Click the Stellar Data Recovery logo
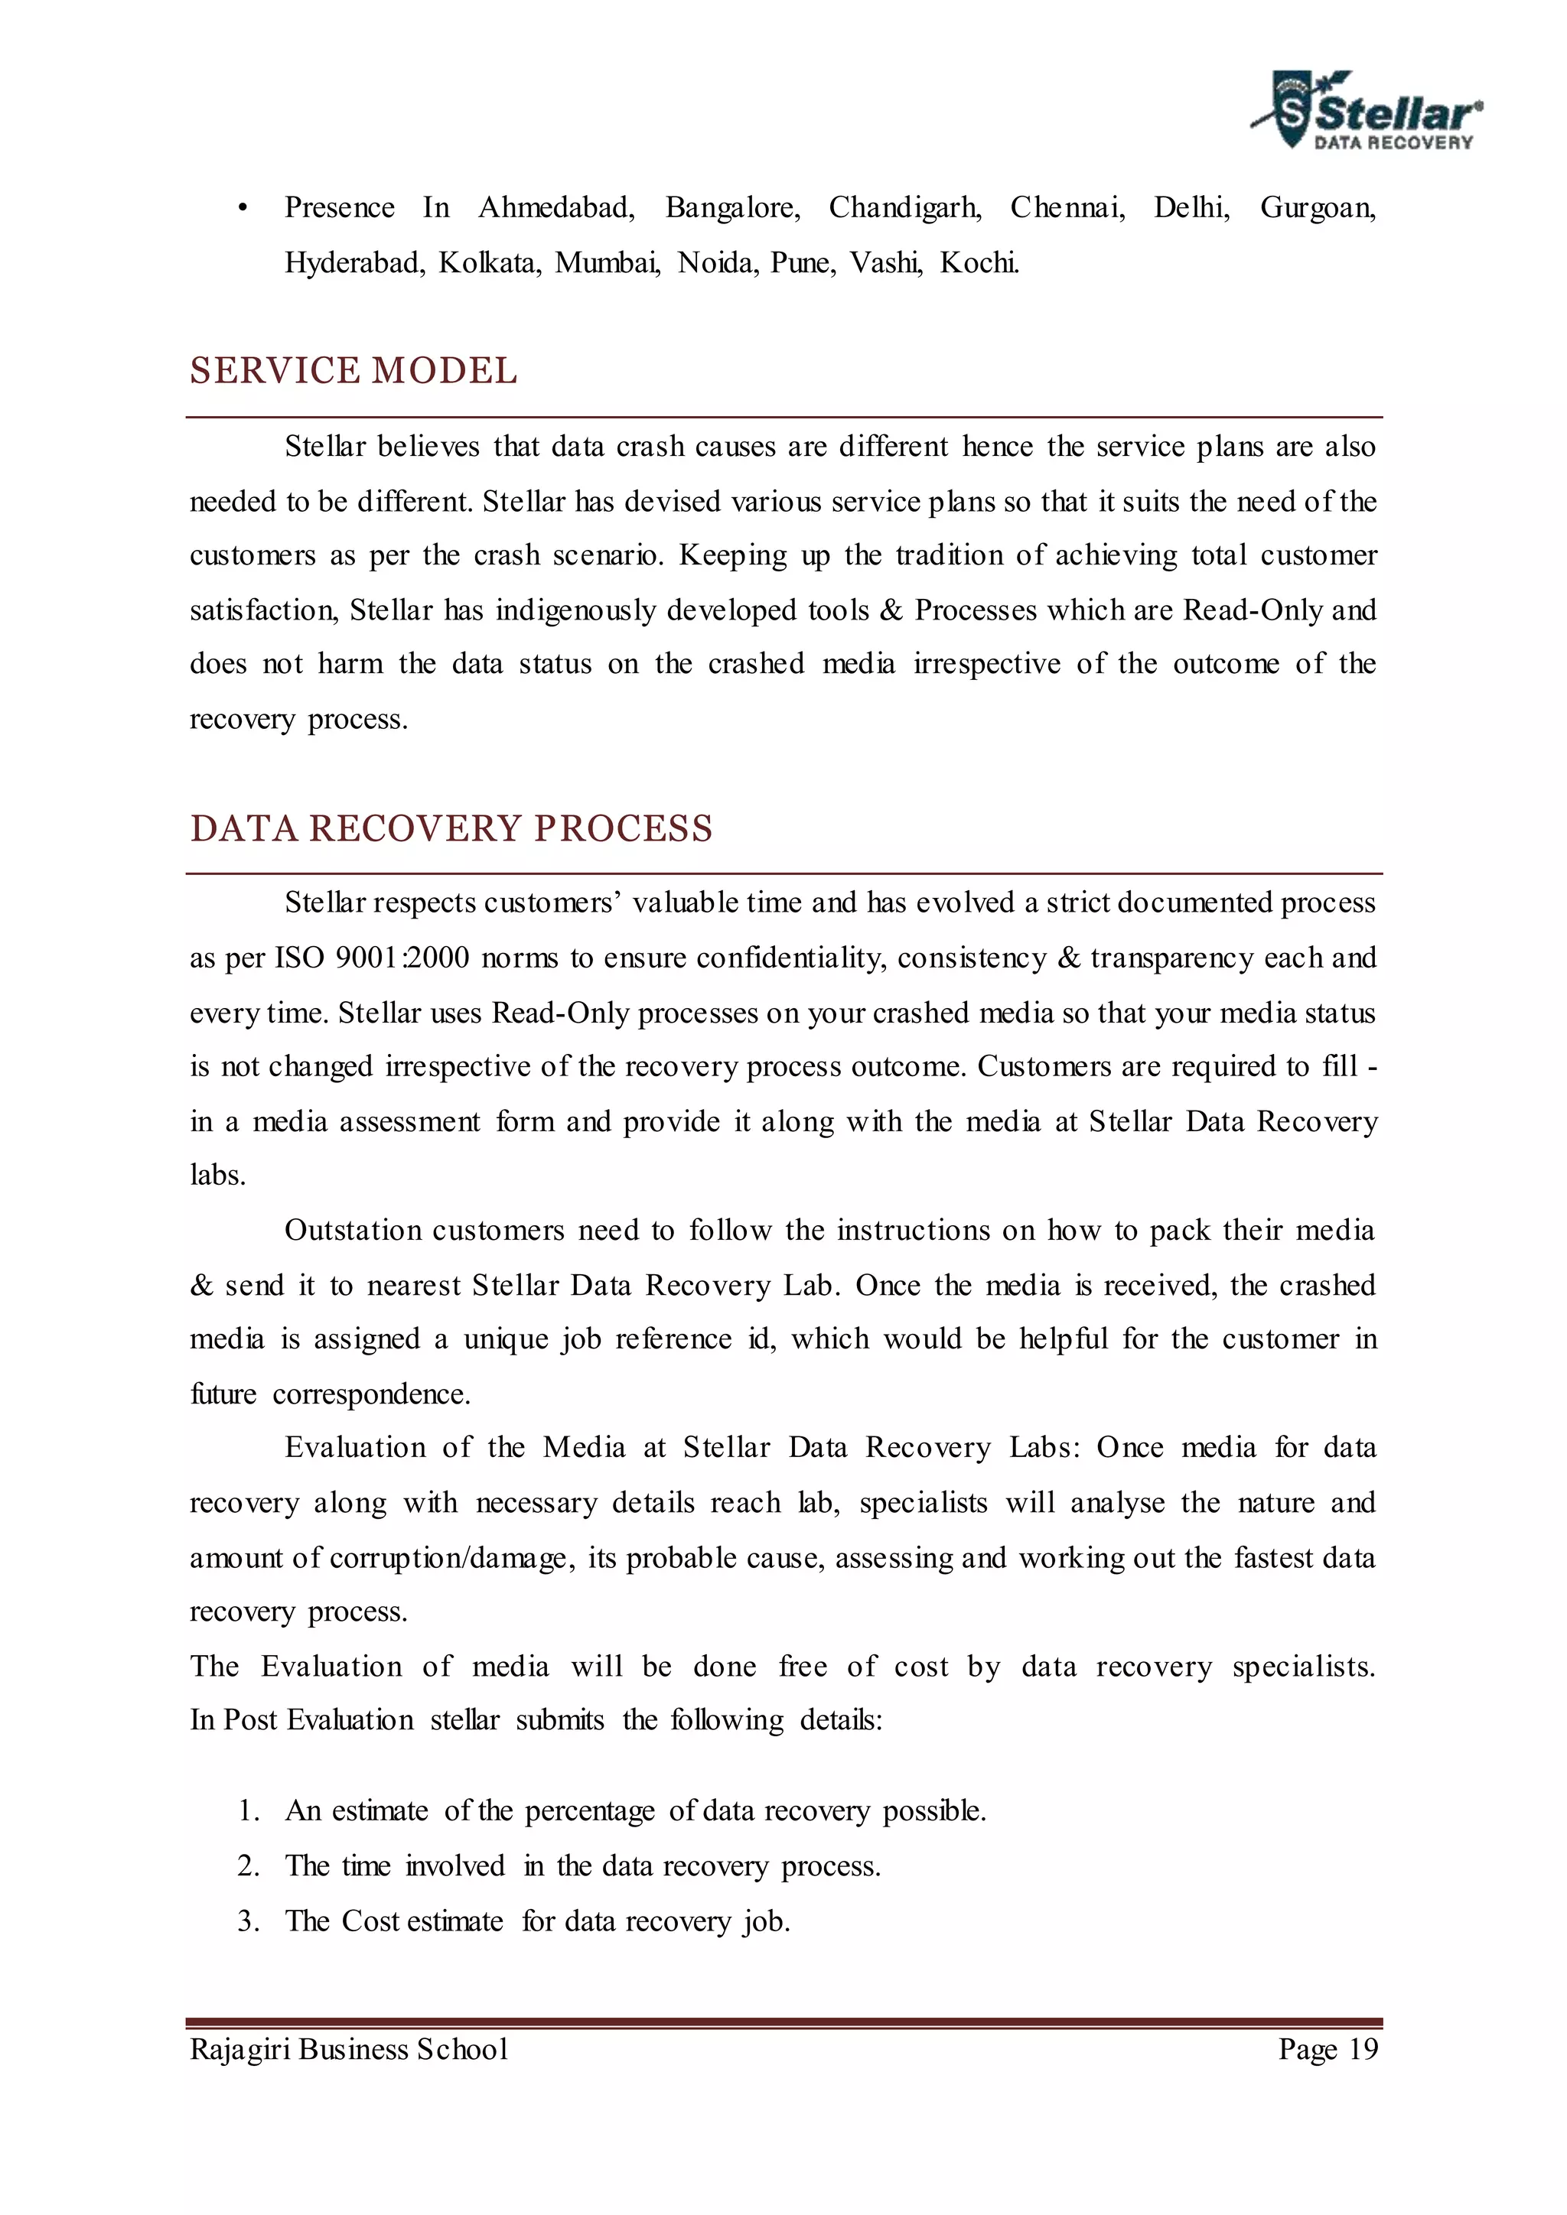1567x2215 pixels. pyautogui.click(x=1367, y=111)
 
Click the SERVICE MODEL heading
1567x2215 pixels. pyautogui.click(x=353, y=372)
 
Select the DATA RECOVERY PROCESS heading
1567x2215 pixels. pyautogui.click(x=451, y=828)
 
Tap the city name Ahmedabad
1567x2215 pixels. pyautogui.click(x=555, y=207)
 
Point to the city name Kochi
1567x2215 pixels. pyautogui.click(x=979, y=262)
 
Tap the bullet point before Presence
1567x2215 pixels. pyautogui.click(x=243, y=208)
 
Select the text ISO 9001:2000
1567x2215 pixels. pyautogui.click(x=373, y=958)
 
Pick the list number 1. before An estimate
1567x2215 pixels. pyautogui.click(x=249, y=1811)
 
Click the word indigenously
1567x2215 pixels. pyautogui.click(x=576, y=610)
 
